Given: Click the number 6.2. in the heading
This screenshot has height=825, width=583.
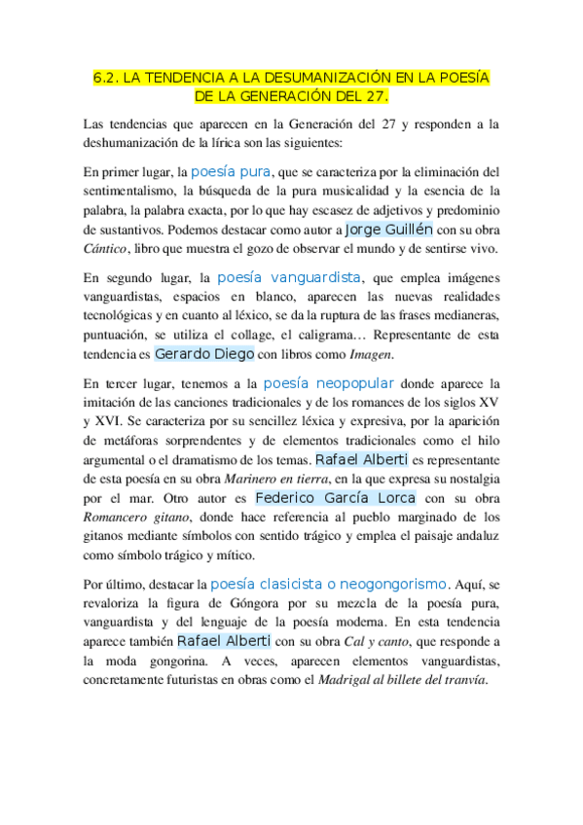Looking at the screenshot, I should [106, 78].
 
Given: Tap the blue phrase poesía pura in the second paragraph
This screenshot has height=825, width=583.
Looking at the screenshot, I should [231, 170].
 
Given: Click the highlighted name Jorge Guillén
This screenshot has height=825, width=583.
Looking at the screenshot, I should [389, 231].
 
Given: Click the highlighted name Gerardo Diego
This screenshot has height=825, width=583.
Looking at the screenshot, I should [204, 354].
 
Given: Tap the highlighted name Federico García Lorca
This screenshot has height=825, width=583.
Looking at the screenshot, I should [334, 497].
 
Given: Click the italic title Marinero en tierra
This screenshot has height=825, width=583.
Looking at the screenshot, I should [276, 479].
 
